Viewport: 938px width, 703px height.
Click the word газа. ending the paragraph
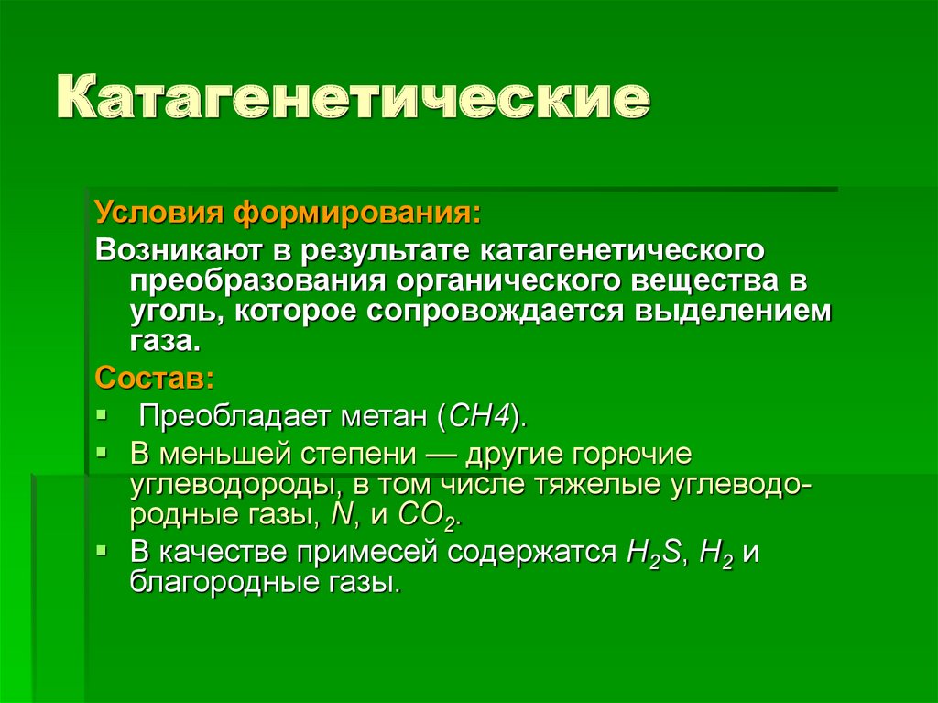click(x=162, y=341)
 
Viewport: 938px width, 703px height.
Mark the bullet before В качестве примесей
click(x=104, y=552)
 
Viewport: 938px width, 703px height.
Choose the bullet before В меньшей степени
click(x=104, y=453)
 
